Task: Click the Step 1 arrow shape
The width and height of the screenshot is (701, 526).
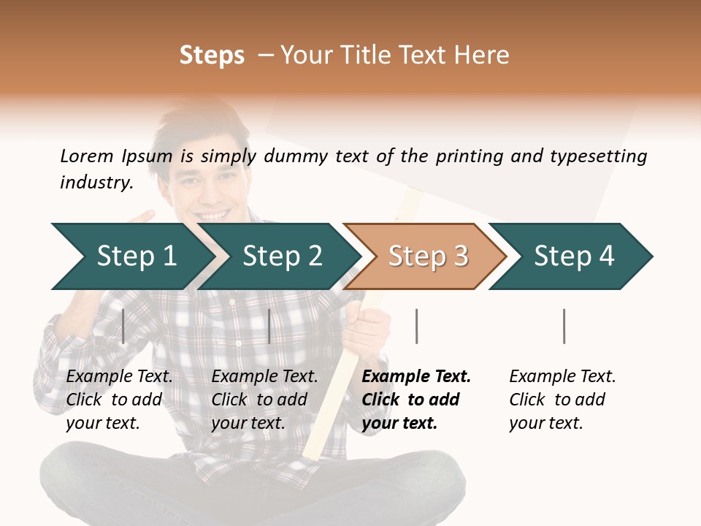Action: pyautogui.click(x=131, y=256)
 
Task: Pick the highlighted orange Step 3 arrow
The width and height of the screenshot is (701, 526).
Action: pyautogui.click(x=427, y=256)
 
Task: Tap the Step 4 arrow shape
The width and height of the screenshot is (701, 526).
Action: pyautogui.click(x=573, y=256)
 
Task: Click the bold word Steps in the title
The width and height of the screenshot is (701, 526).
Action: pyautogui.click(x=212, y=56)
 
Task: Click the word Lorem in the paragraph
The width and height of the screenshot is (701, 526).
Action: pyautogui.click(x=86, y=156)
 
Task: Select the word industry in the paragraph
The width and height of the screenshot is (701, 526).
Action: pyautogui.click(x=96, y=183)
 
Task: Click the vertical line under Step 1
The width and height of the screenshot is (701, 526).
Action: pyautogui.click(x=123, y=327)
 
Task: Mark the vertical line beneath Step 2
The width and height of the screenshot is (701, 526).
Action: pyautogui.click(x=269, y=327)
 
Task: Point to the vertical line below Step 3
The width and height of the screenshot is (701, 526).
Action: pyautogui.click(x=416, y=327)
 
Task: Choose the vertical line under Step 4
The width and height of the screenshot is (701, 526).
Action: pyautogui.click(x=564, y=327)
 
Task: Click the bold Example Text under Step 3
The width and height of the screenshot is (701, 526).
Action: pyautogui.click(x=416, y=377)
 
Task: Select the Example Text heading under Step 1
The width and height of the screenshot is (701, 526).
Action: pyautogui.click(x=119, y=377)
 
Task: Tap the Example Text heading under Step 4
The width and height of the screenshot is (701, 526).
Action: pyautogui.click(x=562, y=377)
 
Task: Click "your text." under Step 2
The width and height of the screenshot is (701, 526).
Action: pyautogui.click(x=248, y=423)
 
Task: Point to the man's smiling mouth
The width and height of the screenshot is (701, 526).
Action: pyautogui.click(x=213, y=216)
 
